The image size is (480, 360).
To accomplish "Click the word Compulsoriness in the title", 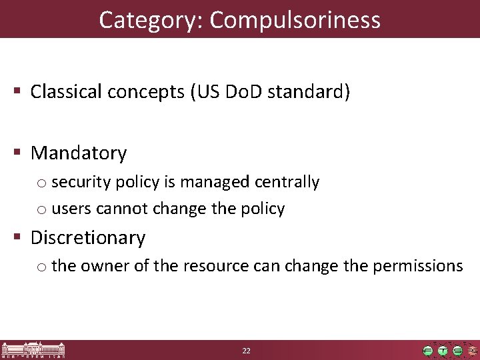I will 295,20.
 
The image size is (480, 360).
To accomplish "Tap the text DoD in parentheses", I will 242,91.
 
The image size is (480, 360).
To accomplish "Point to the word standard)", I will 308,91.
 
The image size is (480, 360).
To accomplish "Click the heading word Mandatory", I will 79,153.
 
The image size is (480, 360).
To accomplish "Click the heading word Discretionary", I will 88,237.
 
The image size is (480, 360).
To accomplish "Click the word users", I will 72,209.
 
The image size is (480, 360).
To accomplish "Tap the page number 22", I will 246,351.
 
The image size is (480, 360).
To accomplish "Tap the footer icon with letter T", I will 443,351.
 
